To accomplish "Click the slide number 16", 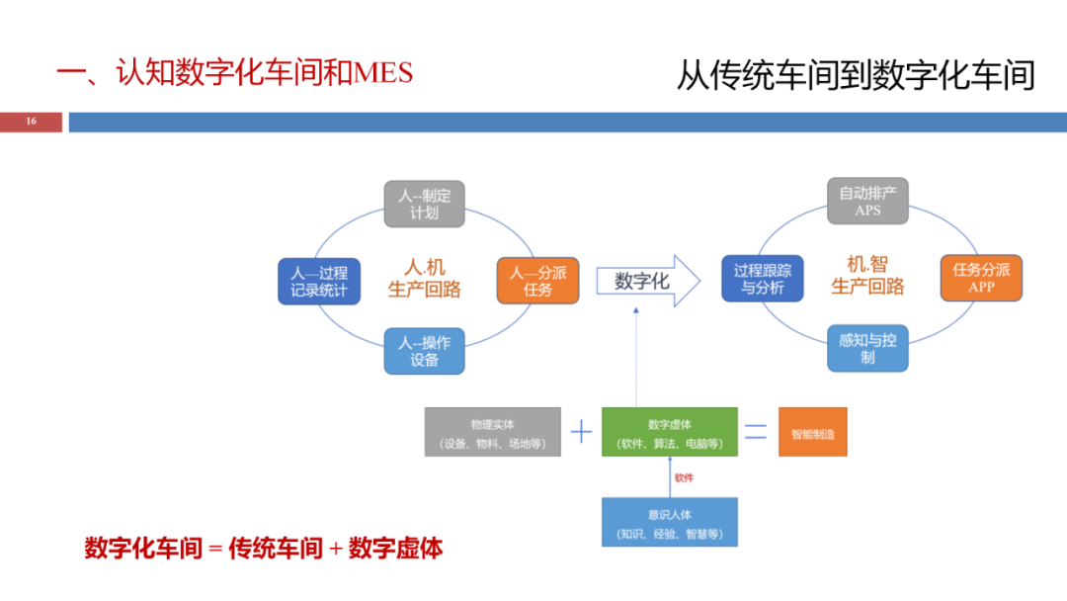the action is coord(32,122).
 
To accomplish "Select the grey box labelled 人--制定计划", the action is coord(425,204).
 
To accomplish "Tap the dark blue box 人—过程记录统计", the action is coord(319,281).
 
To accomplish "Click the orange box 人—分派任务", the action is coord(538,281).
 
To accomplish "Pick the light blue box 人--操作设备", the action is coord(425,351).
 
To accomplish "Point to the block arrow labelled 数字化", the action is coord(648,281).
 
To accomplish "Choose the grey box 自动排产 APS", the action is coord(867,201).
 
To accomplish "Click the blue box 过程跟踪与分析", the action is coord(763,279).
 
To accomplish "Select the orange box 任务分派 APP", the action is coord(981,278).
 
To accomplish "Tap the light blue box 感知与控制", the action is coord(867,349).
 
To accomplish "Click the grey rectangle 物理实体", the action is coord(493,432).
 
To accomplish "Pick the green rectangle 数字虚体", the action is coord(670,432).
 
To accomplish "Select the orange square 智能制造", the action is coord(813,432).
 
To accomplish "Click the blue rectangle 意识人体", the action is coord(670,522).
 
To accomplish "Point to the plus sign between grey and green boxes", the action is coord(581,432).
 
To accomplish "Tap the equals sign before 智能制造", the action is coord(756,432).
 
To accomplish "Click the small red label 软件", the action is coord(684,477).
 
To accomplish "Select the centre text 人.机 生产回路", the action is coord(425,278).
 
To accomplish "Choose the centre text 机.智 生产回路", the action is coord(867,275).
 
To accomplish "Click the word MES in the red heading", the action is coord(383,73).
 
